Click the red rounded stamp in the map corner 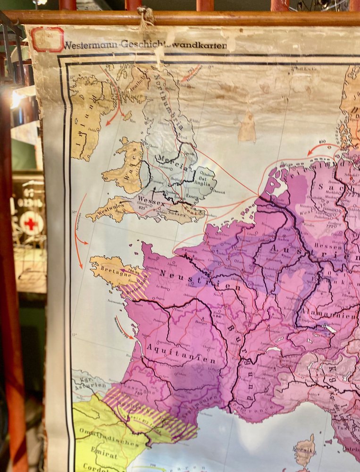[x=47, y=39]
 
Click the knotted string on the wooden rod [x=146, y=18]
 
